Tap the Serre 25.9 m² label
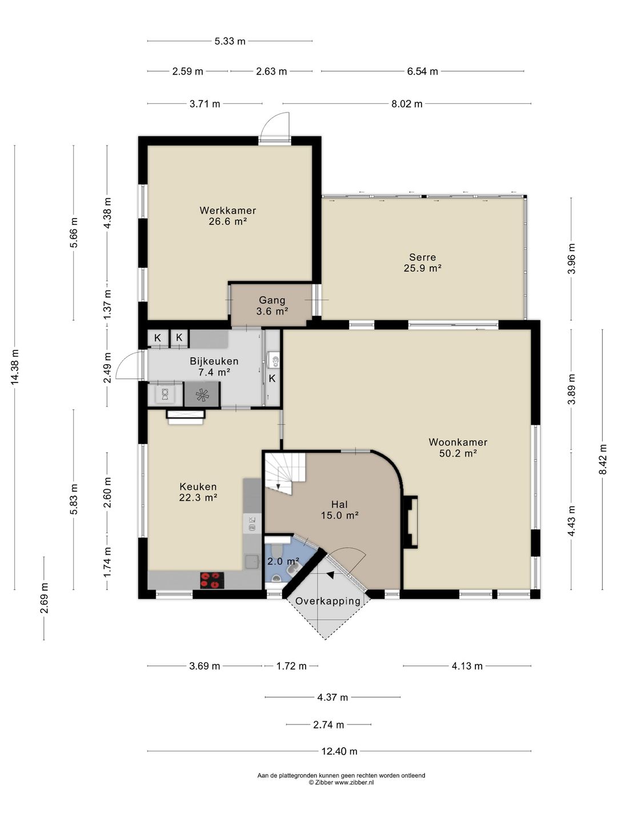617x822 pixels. [422, 263]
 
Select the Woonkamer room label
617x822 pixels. [458, 448]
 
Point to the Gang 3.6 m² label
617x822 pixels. [272, 305]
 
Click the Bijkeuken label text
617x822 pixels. [214, 361]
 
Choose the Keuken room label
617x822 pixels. [198, 492]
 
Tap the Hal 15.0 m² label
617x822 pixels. [340, 510]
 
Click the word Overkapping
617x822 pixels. [328, 601]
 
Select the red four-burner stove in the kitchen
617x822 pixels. [212, 581]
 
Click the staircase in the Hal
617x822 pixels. [285, 473]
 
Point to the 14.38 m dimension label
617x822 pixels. [14, 367]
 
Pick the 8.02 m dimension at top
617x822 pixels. [407, 104]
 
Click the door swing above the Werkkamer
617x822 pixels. [275, 126]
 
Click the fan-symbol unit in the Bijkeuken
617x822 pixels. [202, 394]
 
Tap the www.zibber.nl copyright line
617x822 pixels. [341, 782]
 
